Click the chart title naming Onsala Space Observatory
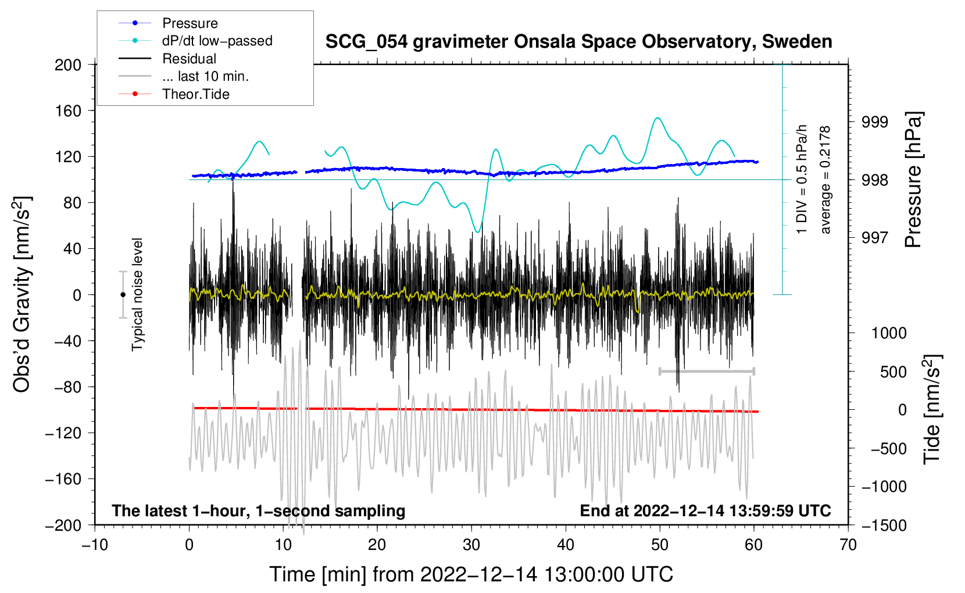point(578,42)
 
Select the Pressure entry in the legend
point(190,23)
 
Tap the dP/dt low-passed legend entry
point(217,41)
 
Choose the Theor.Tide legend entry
point(196,94)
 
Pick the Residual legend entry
point(189,59)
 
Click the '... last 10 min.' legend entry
point(205,76)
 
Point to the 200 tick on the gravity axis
point(68,65)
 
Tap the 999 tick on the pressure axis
point(875,122)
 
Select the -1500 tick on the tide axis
point(884,525)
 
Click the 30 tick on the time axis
point(471,545)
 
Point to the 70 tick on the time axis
point(848,545)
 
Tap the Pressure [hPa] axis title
point(913,180)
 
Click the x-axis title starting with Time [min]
point(471,574)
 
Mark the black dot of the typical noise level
point(123,295)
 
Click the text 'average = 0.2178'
point(825,180)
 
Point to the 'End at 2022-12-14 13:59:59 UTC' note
point(705,510)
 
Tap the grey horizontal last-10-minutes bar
point(706,371)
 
